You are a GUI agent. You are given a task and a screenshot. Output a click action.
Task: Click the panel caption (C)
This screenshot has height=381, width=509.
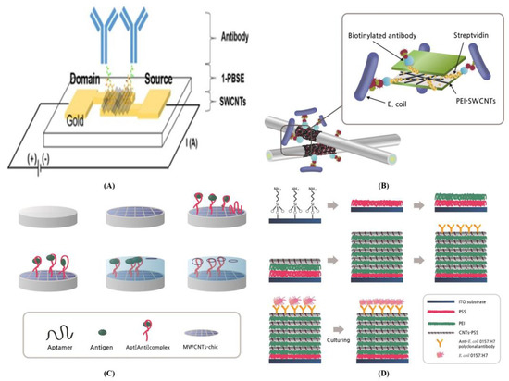click(x=123, y=373)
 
